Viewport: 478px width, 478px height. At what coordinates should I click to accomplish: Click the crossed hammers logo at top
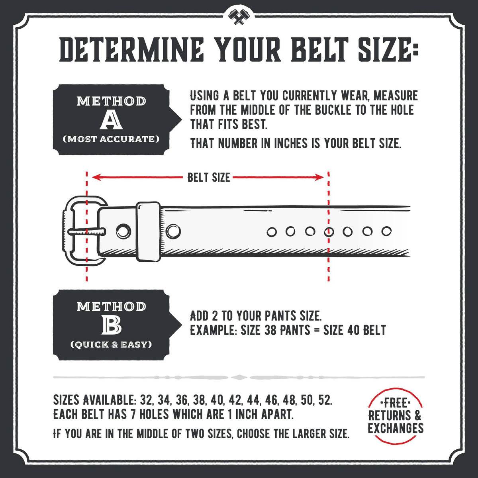point(239,16)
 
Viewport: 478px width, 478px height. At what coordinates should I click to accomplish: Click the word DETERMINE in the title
point(131,50)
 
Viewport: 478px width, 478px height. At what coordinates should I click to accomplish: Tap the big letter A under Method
point(111,120)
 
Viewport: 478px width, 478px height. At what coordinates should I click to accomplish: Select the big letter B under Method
point(111,326)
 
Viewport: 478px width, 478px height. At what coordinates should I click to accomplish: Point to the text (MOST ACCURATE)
point(111,139)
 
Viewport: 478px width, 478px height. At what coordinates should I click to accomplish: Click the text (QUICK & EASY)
point(111,345)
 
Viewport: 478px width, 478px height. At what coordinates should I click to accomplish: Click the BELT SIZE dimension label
point(209,177)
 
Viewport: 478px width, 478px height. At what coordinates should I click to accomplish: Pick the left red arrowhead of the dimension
point(96,177)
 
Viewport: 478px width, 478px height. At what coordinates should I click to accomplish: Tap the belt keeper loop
point(148,231)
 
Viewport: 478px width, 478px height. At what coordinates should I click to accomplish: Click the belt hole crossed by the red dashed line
point(329,231)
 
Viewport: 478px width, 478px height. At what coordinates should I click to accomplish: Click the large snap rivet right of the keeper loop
point(174,231)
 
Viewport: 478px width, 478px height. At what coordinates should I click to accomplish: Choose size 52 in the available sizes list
point(324,400)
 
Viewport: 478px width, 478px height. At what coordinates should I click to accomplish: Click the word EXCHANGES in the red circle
point(396,428)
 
